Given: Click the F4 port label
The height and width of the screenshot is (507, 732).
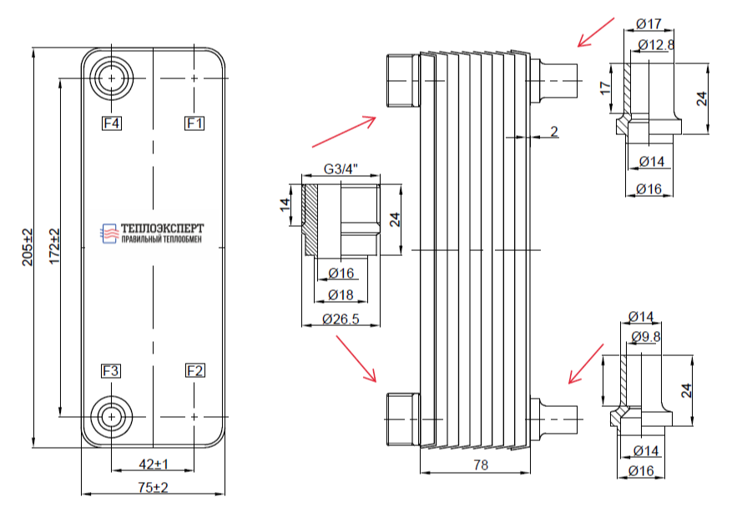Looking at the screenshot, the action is coord(112,123).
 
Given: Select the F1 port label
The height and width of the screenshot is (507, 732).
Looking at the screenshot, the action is coord(194,123).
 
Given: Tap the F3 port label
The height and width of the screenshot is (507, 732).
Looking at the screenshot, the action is coord(111,371).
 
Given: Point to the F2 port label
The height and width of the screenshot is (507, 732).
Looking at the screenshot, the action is coord(194,371).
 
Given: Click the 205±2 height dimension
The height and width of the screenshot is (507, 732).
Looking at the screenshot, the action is coord(28,247).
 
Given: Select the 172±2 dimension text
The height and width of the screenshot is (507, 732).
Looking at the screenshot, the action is coord(54,246).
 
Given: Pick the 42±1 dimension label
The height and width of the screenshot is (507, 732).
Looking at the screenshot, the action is coord(154,464).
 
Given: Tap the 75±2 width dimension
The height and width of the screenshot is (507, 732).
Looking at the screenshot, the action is coord(153,488).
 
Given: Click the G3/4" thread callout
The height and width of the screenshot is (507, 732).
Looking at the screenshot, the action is coord(341,168).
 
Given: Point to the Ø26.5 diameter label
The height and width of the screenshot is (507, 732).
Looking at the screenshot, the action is coord(341,319).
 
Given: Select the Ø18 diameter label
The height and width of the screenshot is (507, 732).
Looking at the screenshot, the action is coord(341,295).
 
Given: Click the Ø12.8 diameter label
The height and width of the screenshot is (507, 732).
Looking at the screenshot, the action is coord(656,45).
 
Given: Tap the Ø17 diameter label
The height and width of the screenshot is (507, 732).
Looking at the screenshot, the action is coord(649,23).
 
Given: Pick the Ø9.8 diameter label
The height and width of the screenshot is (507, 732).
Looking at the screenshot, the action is coord(646,336).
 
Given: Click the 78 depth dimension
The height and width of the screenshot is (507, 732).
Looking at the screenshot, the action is coord(481,464).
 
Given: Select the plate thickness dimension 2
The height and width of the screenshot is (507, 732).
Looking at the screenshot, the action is coord(554,132).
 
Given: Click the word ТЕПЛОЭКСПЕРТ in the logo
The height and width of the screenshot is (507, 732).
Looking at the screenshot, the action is coord(163,228).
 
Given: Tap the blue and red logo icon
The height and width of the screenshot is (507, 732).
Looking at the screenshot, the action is coord(109,233).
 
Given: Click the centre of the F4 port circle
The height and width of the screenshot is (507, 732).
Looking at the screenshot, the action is coord(111,78).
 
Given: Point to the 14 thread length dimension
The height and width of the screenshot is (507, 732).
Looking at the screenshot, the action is coord(285,204).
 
